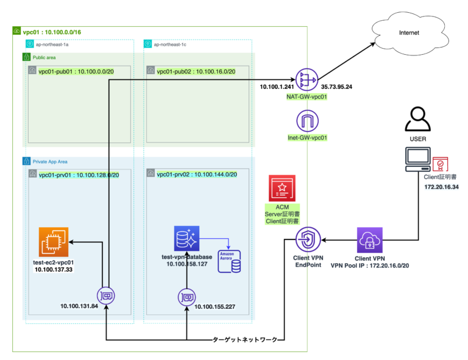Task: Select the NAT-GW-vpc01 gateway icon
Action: [x=304, y=79]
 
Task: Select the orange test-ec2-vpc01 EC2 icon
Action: [x=53, y=241]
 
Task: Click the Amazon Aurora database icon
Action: [x=230, y=261]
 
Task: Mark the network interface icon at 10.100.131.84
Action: [x=106, y=296]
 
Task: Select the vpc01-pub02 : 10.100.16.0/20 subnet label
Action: [x=196, y=71]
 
